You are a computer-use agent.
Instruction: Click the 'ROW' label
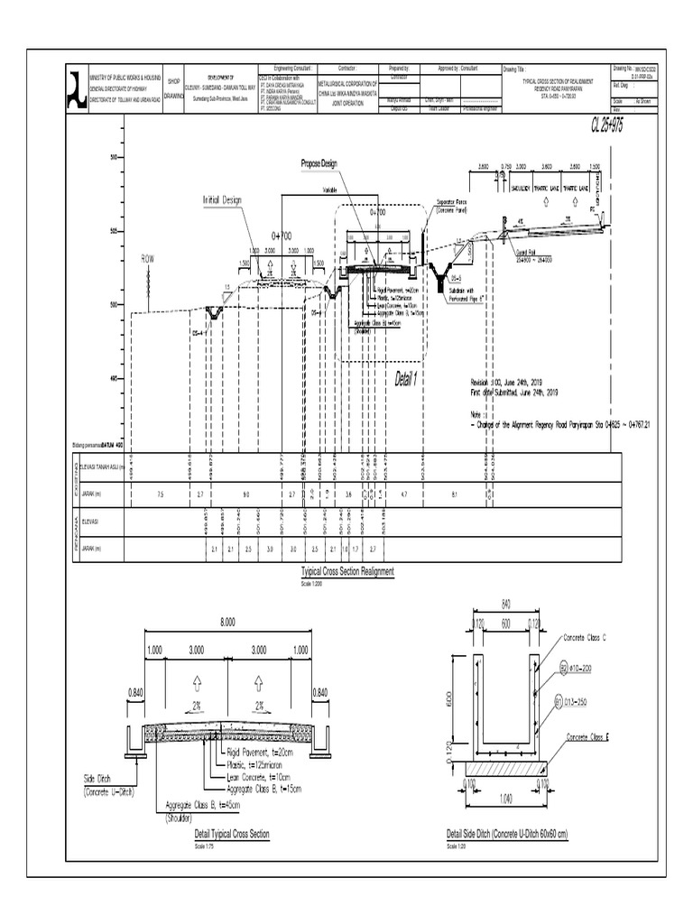[x=148, y=258]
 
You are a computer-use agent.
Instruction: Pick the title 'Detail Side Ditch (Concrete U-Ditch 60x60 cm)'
[x=506, y=835]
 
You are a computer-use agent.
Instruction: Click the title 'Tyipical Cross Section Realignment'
[x=346, y=573]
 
